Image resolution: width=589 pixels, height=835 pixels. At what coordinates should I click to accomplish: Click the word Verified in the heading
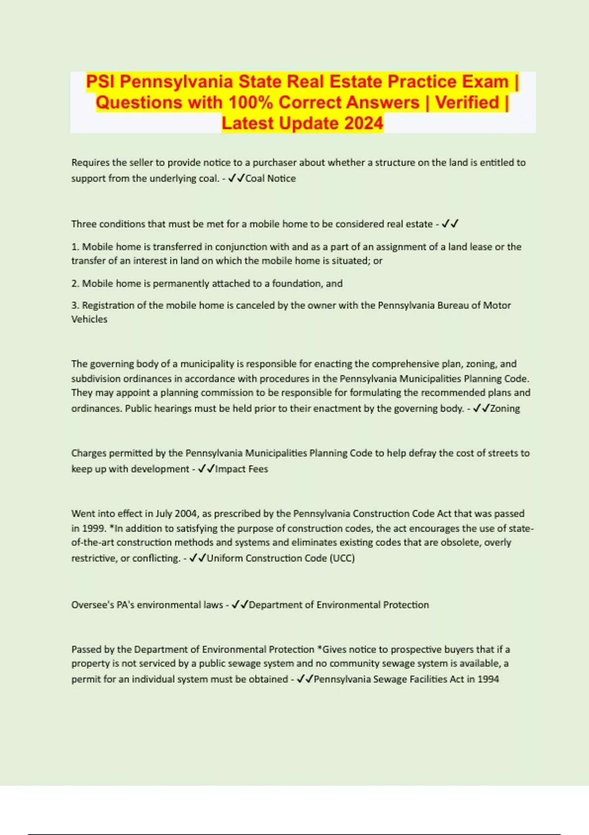(x=467, y=103)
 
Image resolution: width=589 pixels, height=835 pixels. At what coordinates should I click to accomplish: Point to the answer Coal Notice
(x=270, y=178)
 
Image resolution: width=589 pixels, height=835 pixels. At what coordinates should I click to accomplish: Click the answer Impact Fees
(x=241, y=469)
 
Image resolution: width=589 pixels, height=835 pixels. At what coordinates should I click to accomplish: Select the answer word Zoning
(x=505, y=409)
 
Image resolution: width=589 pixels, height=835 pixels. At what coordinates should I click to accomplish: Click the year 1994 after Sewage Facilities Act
(x=488, y=679)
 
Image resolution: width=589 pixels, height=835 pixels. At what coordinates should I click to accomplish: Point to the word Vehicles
(x=89, y=319)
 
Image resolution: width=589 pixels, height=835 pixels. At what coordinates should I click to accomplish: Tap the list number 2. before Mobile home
(x=76, y=283)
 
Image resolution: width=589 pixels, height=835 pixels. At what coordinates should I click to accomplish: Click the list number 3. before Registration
(x=76, y=306)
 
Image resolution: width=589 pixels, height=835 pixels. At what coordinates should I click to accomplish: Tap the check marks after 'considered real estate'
(x=450, y=224)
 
